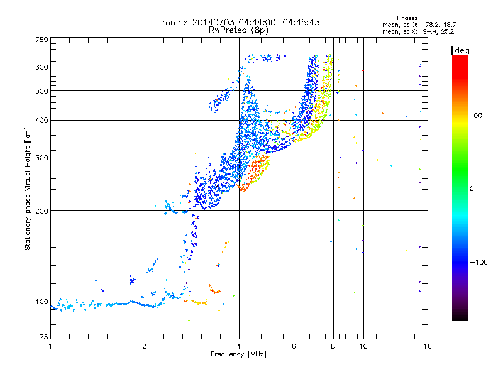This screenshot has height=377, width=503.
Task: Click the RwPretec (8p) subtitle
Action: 238,30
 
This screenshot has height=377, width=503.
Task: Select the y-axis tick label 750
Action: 42,40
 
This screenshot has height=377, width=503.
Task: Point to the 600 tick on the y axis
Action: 42,67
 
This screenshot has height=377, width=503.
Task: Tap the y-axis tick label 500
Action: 42,91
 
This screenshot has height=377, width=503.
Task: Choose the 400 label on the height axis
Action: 42,120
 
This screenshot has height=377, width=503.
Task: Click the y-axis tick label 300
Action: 42,158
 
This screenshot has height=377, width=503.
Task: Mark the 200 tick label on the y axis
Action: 42,211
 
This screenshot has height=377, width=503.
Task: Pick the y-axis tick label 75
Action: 44,337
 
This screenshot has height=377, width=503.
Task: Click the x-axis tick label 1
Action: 50,346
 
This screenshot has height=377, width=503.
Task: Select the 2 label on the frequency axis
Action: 145,346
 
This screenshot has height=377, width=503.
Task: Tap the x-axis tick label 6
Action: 294,346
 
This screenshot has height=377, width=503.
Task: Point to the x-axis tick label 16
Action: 428,346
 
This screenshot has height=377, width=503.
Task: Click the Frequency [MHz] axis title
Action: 238,354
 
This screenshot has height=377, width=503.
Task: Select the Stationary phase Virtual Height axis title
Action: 27,189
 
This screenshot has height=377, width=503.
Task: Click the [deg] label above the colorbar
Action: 462,51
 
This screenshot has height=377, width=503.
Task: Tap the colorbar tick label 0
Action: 472,189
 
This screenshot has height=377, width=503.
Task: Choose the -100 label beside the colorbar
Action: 478,262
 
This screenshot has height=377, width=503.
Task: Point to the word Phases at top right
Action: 407,18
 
